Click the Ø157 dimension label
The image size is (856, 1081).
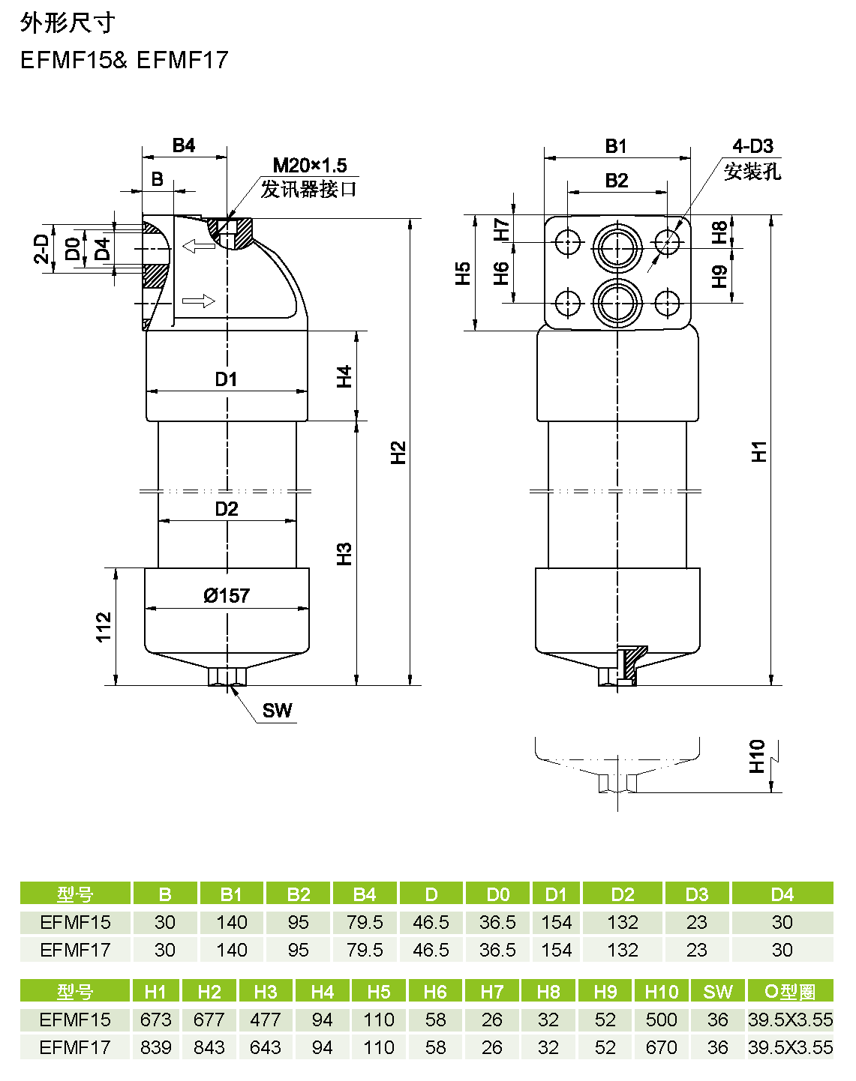(226, 596)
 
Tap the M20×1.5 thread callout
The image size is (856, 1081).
(310, 165)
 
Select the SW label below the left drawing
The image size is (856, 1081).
(277, 710)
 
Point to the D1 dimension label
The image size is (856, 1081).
(226, 379)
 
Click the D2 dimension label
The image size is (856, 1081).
(226, 509)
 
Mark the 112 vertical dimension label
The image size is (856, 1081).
(104, 627)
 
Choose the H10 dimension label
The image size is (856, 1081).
(757, 756)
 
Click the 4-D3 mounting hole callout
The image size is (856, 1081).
(752, 146)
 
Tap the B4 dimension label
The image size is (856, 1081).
(184, 145)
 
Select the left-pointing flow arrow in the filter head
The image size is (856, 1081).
(199, 246)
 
